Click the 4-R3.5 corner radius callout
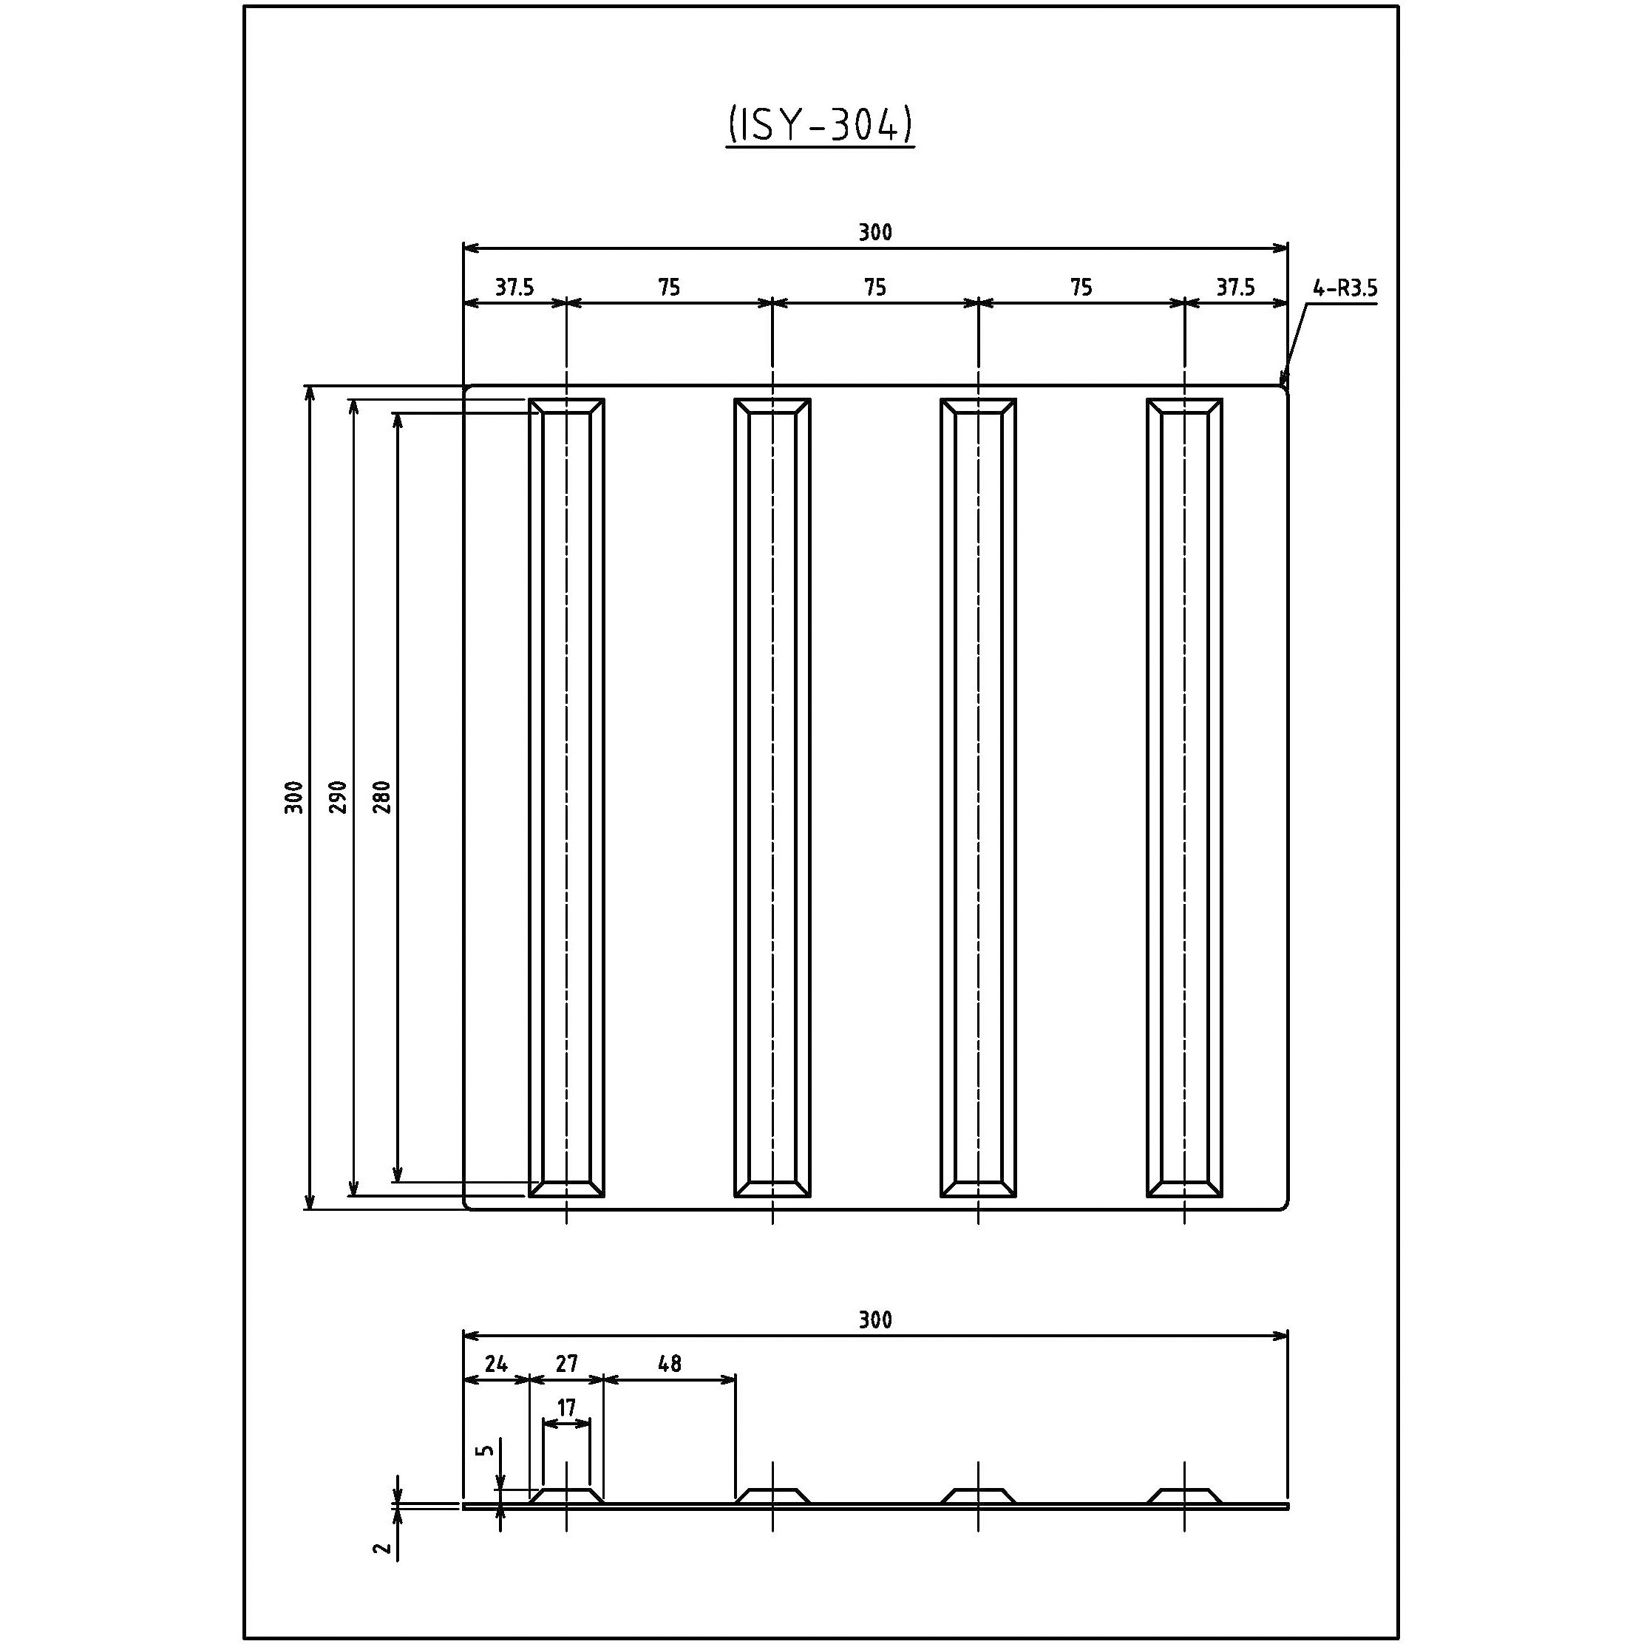pos(1344,288)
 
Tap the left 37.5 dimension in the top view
pos(514,288)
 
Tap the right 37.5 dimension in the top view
pos(1234,288)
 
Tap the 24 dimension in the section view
pos(495,1364)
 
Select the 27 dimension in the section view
pos(566,1364)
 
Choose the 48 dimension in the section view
pos(670,1364)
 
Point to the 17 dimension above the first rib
pos(566,1408)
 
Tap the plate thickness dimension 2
pos(384,1548)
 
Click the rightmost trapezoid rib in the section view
pos(1183,1495)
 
